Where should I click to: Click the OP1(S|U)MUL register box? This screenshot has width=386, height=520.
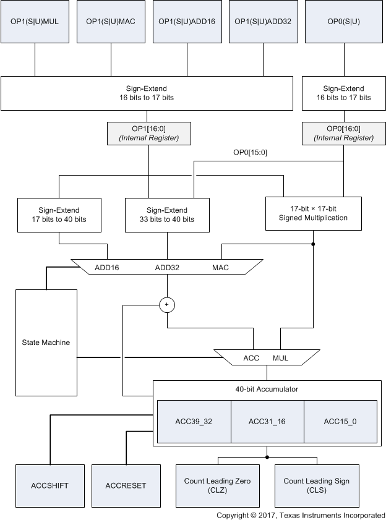(x=35, y=22)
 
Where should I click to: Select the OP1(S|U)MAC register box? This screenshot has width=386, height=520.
(x=111, y=22)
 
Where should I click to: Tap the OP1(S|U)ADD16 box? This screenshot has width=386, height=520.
(x=187, y=22)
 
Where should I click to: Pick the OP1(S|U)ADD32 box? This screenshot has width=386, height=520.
(x=263, y=22)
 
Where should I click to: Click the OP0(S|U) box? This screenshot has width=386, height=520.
(x=345, y=22)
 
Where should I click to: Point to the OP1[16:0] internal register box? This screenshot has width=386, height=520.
(x=148, y=133)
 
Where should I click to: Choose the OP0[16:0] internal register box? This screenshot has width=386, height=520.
(x=344, y=133)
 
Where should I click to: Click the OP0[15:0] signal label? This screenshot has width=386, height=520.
(x=250, y=152)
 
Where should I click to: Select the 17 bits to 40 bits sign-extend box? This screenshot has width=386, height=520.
(x=60, y=215)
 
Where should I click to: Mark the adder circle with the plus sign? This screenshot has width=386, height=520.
(x=166, y=304)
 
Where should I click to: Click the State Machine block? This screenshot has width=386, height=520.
(x=46, y=342)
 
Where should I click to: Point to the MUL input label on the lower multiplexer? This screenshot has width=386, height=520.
(x=281, y=358)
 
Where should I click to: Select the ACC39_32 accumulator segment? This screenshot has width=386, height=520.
(x=194, y=422)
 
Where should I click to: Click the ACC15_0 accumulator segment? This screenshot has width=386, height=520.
(x=340, y=422)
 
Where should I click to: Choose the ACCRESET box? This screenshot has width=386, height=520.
(x=126, y=485)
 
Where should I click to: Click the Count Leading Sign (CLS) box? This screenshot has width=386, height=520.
(x=316, y=485)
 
